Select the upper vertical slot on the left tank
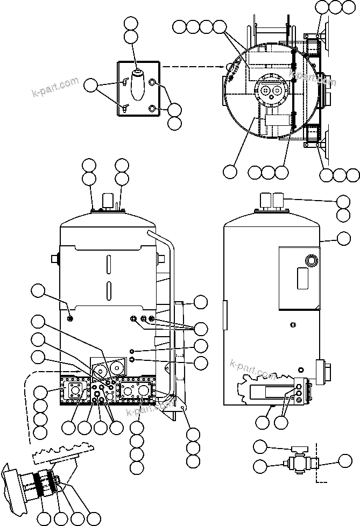pyautogui.click(x=108, y=265)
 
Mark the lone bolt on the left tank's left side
pyautogui.click(x=70, y=319)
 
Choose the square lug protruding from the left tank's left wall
pyautogui.click(x=54, y=259)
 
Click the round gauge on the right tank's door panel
pyautogui.click(x=310, y=261)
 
